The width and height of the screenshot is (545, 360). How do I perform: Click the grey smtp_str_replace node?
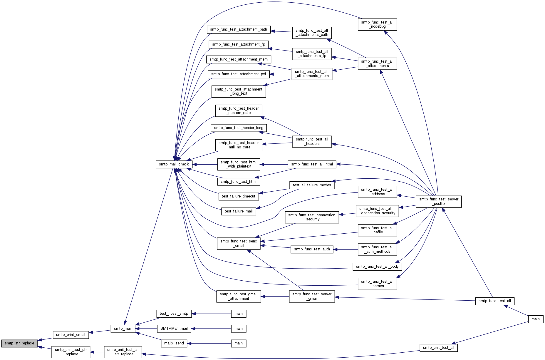(19, 343)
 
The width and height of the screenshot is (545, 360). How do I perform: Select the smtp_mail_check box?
(174, 164)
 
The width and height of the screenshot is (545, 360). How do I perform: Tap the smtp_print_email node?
(71, 335)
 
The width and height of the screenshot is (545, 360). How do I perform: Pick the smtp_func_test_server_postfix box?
(439, 201)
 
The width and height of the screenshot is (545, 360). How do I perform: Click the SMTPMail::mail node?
(174, 329)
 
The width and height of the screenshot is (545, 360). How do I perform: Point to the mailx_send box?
(174, 343)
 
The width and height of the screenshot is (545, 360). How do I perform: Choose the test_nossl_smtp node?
(174, 314)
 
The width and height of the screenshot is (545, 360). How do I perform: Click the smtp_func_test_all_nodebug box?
(377, 24)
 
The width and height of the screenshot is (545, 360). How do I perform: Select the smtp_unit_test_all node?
(439, 348)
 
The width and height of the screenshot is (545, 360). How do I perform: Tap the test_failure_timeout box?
(239, 196)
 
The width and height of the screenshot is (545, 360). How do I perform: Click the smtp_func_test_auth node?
(312, 249)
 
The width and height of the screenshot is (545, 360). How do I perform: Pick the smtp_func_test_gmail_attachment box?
(239, 296)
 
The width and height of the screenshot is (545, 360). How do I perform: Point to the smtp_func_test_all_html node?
(312, 164)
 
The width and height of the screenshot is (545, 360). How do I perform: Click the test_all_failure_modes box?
(312, 185)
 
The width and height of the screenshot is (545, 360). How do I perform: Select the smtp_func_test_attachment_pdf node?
(239, 74)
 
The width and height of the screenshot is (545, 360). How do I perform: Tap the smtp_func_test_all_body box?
(377, 267)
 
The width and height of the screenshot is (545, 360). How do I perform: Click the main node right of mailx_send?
(239, 343)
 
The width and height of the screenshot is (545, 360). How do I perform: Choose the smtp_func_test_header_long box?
(239, 128)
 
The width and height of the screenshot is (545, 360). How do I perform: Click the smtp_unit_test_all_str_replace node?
(123, 352)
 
